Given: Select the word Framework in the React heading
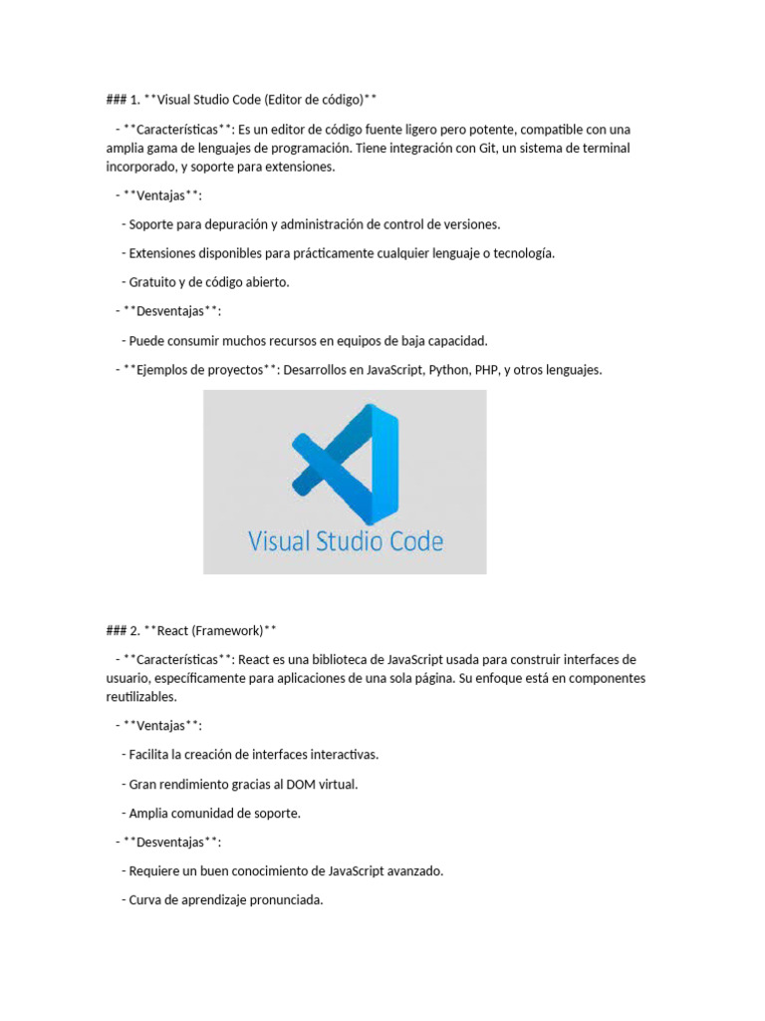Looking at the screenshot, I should pos(225,630).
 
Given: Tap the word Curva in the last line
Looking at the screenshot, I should pos(146,900).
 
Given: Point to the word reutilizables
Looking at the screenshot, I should pos(140,697).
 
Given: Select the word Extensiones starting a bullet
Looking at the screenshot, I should pos(163,253).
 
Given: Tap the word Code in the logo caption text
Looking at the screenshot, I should pos(410,542).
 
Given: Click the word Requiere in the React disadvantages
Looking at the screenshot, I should pos(155,870).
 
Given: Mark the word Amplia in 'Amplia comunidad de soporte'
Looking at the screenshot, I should pos(149,813).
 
